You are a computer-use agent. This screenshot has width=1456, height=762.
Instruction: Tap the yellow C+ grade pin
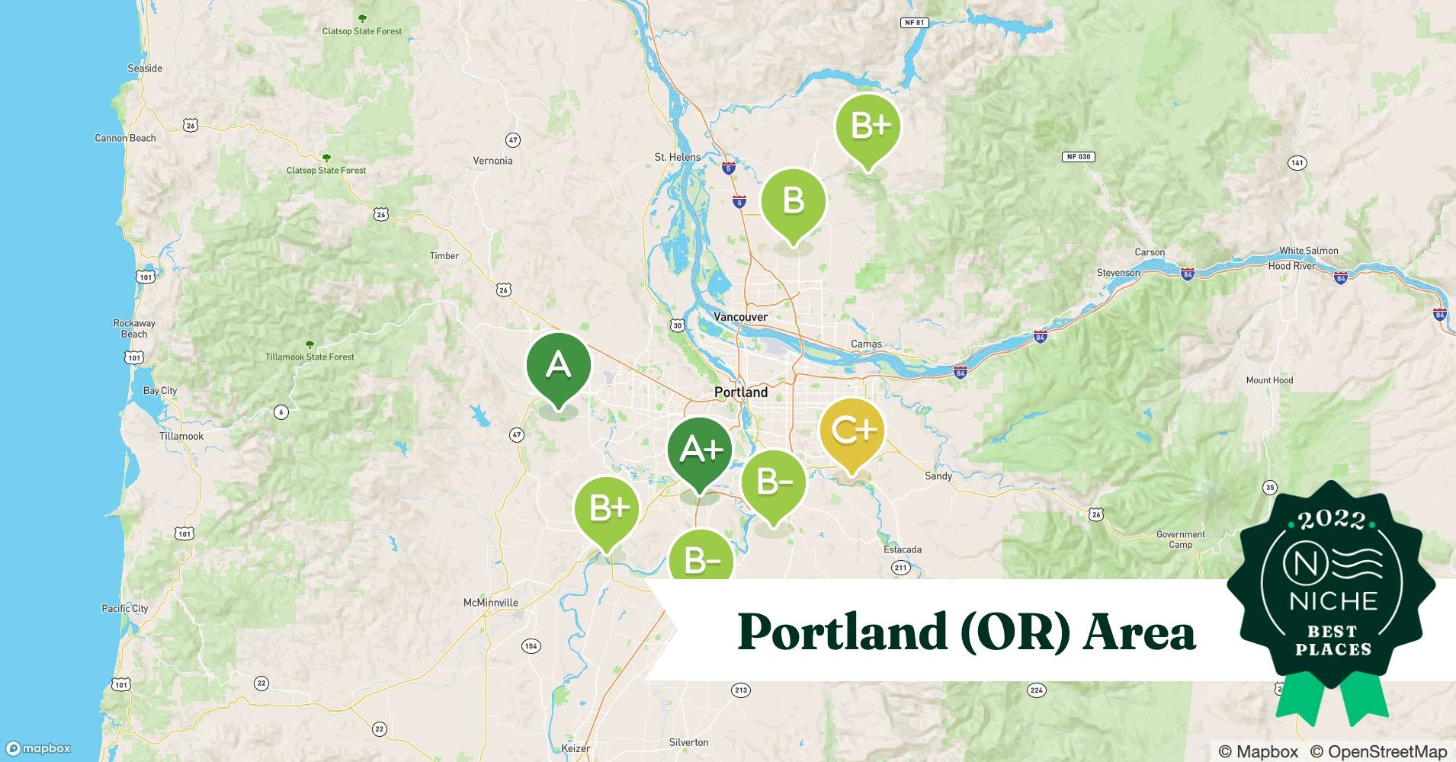[852, 431]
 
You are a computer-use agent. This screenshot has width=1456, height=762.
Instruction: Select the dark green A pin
[558, 367]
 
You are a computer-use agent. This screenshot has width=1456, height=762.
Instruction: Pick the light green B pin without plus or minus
[793, 201]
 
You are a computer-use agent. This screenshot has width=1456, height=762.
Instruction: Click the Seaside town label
[145, 69]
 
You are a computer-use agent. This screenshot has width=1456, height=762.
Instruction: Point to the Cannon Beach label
[125, 138]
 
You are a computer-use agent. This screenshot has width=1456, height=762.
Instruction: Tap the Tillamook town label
[181, 436]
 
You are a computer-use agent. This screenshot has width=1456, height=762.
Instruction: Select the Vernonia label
[492, 161]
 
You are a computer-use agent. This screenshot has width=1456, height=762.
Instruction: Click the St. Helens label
[677, 157]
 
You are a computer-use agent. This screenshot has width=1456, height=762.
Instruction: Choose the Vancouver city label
[740, 317]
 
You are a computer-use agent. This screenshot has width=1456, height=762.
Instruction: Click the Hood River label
[1291, 266]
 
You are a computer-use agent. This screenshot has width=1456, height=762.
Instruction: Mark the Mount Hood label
[1269, 380]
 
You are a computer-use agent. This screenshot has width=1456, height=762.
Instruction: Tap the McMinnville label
[490, 603]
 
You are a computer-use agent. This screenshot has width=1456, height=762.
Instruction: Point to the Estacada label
[903, 549]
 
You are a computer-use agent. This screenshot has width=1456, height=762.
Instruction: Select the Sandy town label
[938, 476]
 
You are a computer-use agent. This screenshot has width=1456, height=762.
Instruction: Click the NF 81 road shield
[914, 23]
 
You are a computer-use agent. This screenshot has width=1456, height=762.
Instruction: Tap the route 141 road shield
[1297, 163]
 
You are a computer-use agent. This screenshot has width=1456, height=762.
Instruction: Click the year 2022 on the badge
[1332, 520]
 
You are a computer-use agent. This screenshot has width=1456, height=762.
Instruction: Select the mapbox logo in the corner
[38, 748]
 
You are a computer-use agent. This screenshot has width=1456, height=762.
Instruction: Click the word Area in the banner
[1140, 632]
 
